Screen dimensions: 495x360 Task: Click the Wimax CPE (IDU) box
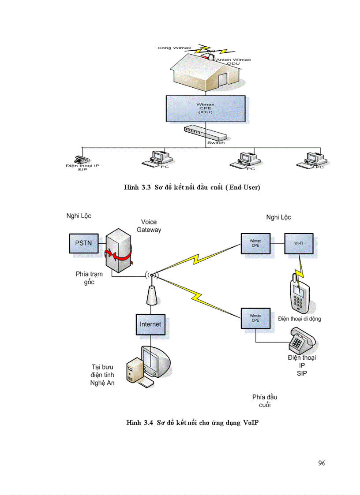click(x=205, y=109)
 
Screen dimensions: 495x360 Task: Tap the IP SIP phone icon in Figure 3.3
click(x=81, y=160)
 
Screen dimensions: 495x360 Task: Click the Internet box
click(x=150, y=324)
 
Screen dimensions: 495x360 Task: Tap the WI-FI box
click(x=299, y=244)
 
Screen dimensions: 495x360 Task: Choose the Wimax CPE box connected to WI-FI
click(x=255, y=244)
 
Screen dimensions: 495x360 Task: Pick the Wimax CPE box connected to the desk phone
click(x=255, y=318)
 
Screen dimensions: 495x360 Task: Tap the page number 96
click(x=321, y=463)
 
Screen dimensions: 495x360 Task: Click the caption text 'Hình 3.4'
click(x=139, y=423)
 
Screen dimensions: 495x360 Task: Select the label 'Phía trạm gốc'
click(x=89, y=278)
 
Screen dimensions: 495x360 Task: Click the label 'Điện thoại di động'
click(x=300, y=319)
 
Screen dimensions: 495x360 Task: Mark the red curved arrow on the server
click(x=118, y=255)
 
